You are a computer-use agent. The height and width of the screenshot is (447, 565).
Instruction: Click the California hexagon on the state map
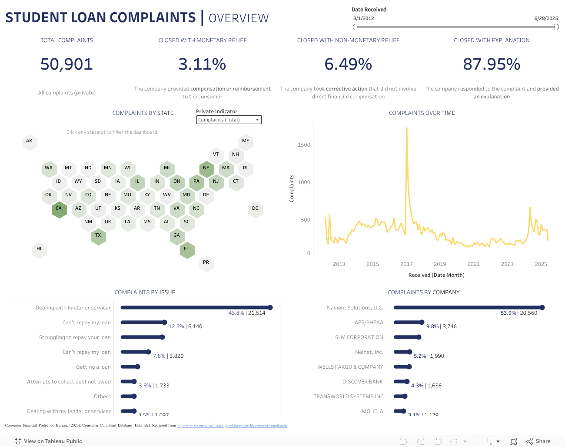coord(59,208)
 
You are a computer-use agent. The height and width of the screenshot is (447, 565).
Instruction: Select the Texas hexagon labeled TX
coord(98,235)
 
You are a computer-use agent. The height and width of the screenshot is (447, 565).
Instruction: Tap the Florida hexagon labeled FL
coord(186,249)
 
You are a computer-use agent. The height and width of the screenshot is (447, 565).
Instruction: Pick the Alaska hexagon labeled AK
coord(29,141)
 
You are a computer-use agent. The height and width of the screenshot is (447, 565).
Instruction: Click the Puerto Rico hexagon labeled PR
coord(206,262)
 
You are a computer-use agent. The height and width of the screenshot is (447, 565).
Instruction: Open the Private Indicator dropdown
coord(229,120)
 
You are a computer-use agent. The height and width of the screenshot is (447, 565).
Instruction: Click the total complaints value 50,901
coord(66,64)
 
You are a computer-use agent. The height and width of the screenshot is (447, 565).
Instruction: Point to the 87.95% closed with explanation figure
coord(492,64)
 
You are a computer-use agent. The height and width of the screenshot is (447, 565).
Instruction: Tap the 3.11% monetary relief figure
coord(202,64)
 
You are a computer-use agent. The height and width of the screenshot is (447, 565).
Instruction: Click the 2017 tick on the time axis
coord(406,264)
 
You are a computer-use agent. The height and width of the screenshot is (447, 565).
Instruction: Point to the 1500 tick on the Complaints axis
coord(304,145)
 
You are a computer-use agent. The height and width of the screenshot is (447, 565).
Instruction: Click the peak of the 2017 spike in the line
coord(407,128)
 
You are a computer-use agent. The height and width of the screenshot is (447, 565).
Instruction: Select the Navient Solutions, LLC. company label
coord(355,308)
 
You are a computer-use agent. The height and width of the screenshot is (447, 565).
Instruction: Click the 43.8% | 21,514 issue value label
coord(247,313)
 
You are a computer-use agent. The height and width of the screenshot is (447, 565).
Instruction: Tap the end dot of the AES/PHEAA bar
coord(422,323)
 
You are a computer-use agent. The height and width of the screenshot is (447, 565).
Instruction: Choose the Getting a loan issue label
coord(93,367)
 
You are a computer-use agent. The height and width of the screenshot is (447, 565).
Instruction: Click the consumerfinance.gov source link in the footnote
coord(232,425)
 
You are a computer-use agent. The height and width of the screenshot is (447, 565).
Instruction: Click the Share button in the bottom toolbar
coord(538,441)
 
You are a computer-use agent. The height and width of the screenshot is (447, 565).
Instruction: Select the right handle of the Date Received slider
coord(556,27)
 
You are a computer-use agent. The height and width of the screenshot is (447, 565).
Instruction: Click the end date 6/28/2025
coord(546,18)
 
